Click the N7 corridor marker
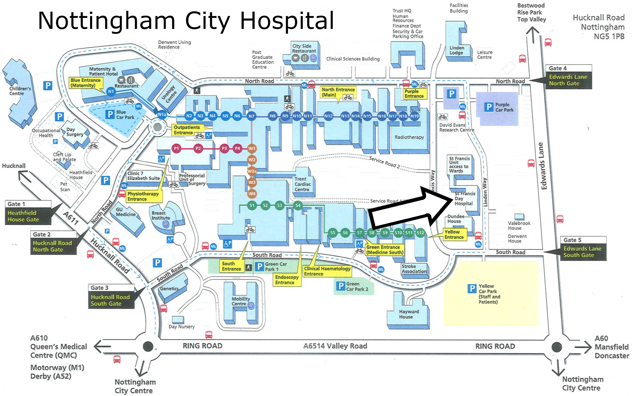click(x=251, y=116)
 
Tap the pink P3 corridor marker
click(x=224, y=148)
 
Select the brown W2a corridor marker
click(x=252, y=171)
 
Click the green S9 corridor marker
click(x=385, y=233)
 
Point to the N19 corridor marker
click(x=414, y=116)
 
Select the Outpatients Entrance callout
click(x=187, y=130)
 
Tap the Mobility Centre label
click(x=240, y=301)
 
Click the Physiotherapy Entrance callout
click(x=143, y=196)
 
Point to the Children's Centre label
click(x=20, y=91)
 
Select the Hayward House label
click(x=408, y=314)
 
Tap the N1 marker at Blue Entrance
click(x=111, y=91)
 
